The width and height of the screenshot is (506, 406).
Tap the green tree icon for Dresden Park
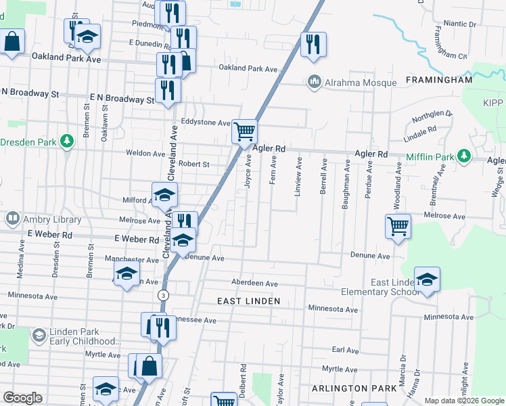pos(66,141)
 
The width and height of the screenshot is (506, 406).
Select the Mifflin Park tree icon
pos(463,156)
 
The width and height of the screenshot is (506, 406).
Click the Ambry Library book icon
pos(12,219)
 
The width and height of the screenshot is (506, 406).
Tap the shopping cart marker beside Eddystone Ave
pos(244,131)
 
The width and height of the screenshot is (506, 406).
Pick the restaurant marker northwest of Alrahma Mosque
pos(313,45)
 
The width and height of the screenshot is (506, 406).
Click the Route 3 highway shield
pos(162,296)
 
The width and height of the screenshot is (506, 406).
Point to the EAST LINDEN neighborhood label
pos(247,299)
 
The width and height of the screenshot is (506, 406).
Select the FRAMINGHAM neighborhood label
pos(438,80)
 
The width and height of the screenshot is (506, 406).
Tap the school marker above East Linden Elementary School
pos(427,279)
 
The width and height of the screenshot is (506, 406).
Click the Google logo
pos(22,398)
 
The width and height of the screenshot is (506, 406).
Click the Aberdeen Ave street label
pos(254,284)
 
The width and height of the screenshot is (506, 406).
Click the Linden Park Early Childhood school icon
pos(39,336)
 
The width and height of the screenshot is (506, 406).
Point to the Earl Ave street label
pos(345,351)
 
